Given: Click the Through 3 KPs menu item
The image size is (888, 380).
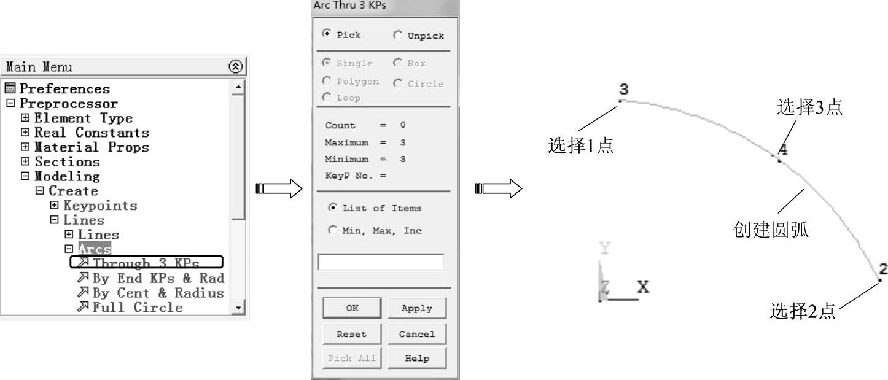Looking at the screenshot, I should click(x=146, y=263).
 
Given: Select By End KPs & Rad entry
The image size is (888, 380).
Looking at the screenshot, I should click(x=158, y=278).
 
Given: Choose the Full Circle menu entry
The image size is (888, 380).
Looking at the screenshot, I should click(x=137, y=307).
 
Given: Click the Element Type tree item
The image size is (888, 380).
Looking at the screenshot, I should click(x=83, y=118).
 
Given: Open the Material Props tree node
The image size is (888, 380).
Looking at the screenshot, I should click(x=91, y=147).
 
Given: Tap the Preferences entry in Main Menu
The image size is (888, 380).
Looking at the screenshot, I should click(x=64, y=89).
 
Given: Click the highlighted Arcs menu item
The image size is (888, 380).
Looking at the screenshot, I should click(x=95, y=249).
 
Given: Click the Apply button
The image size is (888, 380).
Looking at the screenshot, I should click(x=416, y=308).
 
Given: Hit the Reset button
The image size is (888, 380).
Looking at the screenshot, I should click(x=351, y=334).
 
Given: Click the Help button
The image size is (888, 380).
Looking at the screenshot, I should click(x=416, y=359).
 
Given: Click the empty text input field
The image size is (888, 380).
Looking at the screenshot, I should click(x=380, y=262).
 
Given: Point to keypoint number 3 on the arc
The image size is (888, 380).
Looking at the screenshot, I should click(x=621, y=100).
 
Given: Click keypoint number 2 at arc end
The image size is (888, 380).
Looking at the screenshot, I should click(x=880, y=280).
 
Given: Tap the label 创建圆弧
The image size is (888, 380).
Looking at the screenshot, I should click(x=771, y=230).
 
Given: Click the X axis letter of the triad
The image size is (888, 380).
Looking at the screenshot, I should click(x=644, y=287).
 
